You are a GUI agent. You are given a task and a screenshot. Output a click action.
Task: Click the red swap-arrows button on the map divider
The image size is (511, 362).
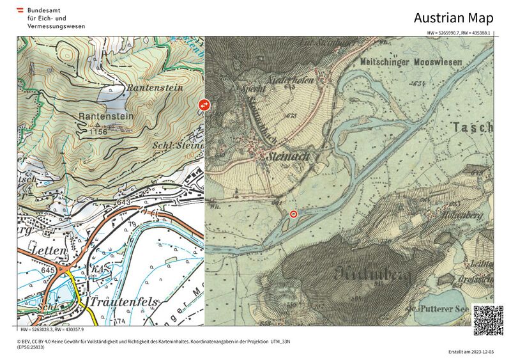[204, 104]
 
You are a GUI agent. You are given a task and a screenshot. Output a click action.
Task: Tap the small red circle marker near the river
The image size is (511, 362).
[294, 214]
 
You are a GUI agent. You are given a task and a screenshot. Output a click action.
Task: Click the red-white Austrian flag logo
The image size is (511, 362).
[20, 10]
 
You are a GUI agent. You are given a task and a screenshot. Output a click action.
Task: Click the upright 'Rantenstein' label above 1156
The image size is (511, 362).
[106, 116]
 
